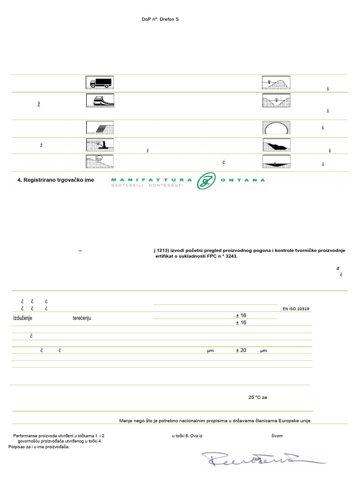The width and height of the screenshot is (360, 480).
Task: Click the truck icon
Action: [x=99, y=82]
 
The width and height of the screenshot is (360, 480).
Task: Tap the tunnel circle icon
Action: [x=276, y=128]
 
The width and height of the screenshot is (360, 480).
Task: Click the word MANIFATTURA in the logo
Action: [x=151, y=180]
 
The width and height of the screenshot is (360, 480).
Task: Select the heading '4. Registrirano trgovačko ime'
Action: [x=59, y=180]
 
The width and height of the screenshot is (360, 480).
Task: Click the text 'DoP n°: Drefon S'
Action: [x=160, y=19]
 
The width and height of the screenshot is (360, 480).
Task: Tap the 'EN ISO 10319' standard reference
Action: [x=296, y=309]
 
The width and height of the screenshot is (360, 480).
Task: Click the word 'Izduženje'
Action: [x=24, y=318]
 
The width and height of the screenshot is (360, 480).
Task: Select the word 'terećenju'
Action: [x=82, y=318]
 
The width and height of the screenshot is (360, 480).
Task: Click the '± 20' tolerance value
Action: [x=241, y=350]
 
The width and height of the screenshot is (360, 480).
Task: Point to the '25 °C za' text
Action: [x=258, y=397]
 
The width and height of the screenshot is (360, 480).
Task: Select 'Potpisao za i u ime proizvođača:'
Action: [x=39, y=447]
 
